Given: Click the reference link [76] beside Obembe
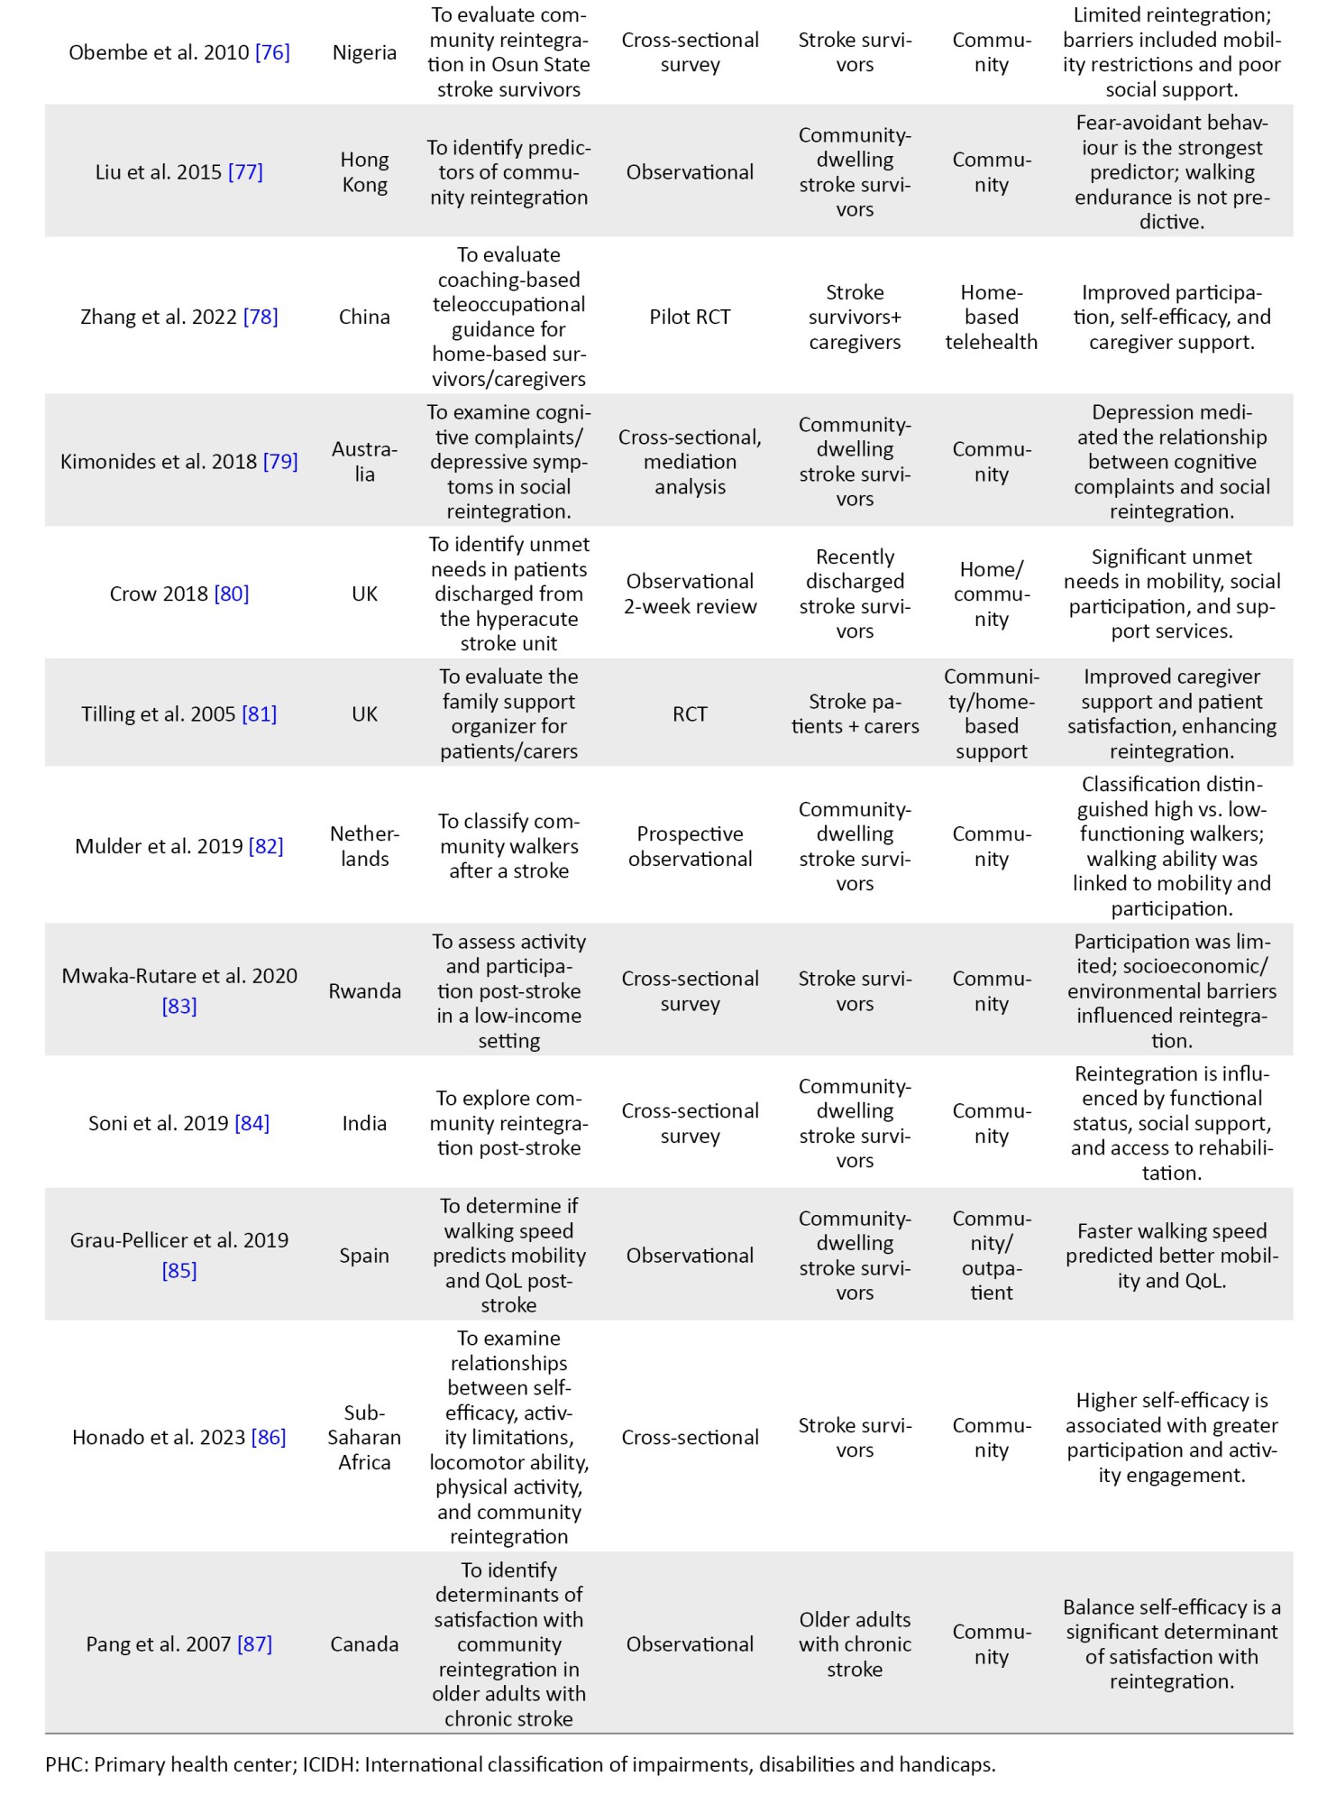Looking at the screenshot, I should (272, 52).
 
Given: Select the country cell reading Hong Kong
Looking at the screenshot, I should (364, 172).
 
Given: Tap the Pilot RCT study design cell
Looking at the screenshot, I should (690, 317).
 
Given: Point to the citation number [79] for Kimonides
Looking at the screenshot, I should (280, 462).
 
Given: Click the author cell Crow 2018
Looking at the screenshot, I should (159, 594).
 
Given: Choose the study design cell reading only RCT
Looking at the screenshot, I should (690, 714).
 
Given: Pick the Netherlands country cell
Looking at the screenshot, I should (364, 846).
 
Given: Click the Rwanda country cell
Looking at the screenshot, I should (364, 991).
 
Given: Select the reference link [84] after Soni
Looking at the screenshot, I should (252, 1123).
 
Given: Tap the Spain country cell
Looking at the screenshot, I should (364, 1256).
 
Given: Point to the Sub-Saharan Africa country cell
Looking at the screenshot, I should (364, 1437).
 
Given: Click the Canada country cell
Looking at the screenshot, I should (364, 1643).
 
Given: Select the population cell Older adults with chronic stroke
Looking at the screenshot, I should (855, 1643).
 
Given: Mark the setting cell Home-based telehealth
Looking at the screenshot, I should (991, 317).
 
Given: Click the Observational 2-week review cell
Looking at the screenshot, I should (690, 594).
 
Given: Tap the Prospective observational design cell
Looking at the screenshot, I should (690, 846).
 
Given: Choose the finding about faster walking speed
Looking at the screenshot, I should (1171, 1256).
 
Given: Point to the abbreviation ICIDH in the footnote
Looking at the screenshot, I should (328, 1764).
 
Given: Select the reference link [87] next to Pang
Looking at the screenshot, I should (254, 1643).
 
